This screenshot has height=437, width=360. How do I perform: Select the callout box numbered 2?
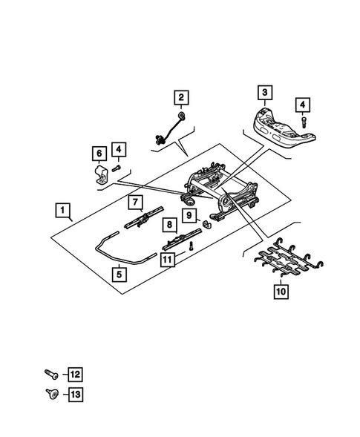[180, 96]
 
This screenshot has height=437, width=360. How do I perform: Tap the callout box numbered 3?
[264, 93]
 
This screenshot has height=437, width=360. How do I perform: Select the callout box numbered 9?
[189, 215]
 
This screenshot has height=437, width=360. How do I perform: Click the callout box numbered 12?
[75, 374]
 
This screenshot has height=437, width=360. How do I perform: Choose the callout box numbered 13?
[75, 395]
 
